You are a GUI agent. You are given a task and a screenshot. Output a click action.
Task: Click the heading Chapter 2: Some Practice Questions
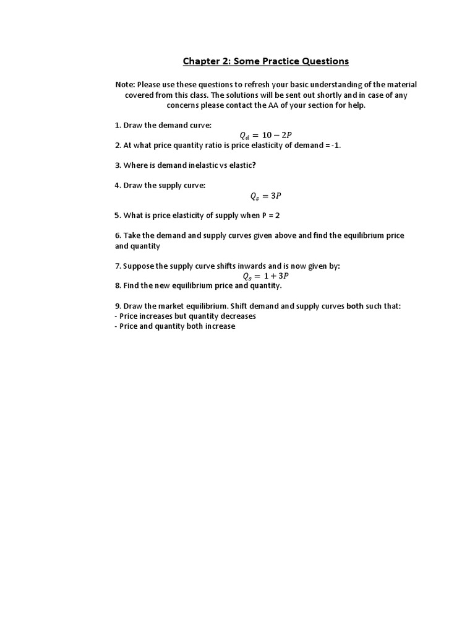pos(265,61)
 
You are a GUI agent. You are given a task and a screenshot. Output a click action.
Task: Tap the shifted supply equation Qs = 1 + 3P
pos(265,276)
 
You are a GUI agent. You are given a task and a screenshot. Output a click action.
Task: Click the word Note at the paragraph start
pos(125,84)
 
